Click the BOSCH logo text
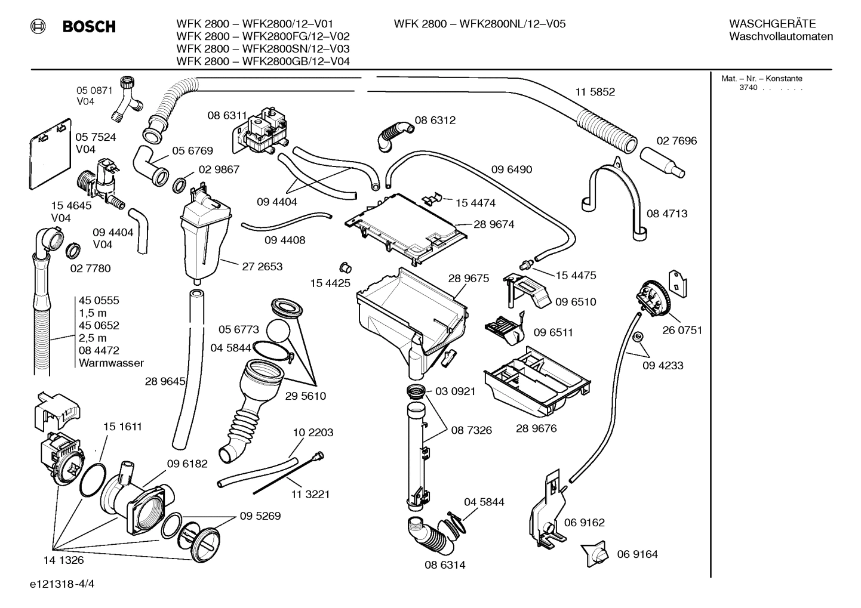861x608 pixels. (x=89, y=26)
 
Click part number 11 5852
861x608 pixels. (x=595, y=92)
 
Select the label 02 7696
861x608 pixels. (x=676, y=141)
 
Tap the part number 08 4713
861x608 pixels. (x=667, y=214)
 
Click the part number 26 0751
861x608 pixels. (x=682, y=330)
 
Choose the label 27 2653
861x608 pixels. (x=262, y=266)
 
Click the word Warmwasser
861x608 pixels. (x=111, y=363)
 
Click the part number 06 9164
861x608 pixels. (x=637, y=554)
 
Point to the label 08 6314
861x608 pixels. (x=445, y=564)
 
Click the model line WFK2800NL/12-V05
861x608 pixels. (x=479, y=24)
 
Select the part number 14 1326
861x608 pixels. (x=63, y=560)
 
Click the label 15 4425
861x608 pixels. (x=330, y=283)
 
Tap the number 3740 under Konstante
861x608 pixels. (x=748, y=88)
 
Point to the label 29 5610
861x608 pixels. (x=305, y=396)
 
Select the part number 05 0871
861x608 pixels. (x=94, y=90)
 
